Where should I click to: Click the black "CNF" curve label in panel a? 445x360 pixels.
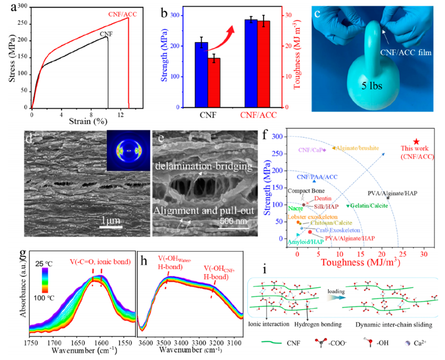[x=106, y=33]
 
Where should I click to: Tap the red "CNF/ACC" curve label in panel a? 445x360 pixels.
[x=123, y=14]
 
